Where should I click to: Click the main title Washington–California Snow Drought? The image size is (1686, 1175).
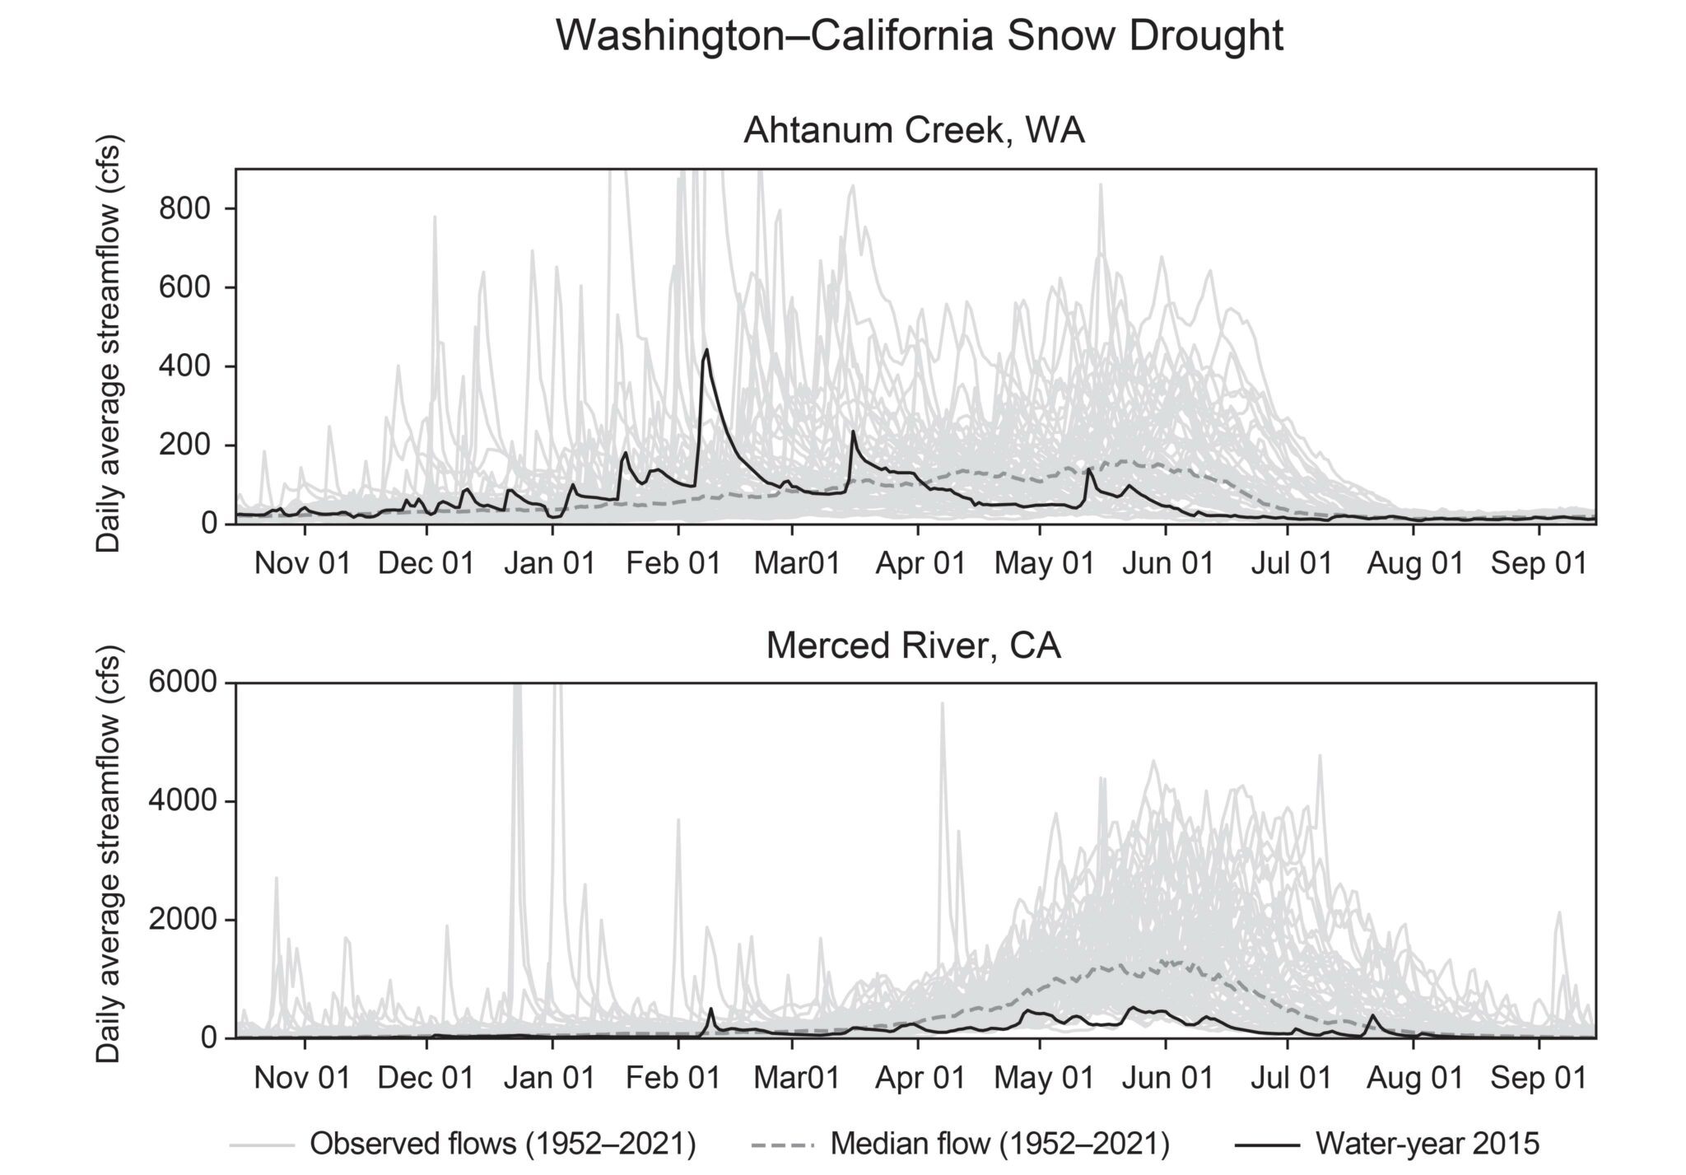click(x=920, y=37)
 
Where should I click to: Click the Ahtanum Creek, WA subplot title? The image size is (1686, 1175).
click(x=914, y=132)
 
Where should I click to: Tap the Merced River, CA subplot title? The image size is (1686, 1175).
click(x=914, y=646)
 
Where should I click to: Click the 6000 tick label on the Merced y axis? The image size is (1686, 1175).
click(x=182, y=683)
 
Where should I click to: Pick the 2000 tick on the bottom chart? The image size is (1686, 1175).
click(x=182, y=921)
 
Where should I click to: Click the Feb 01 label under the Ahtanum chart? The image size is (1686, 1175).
click(x=673, y=563)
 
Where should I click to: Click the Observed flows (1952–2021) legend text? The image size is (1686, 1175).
click(x=503, y=1144)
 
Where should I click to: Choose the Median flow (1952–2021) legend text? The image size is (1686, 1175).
click(x=999, y=1144)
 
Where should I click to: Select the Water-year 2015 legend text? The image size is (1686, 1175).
click(x=1427, y=1144)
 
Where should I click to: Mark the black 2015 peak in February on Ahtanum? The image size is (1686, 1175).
click(x=706, y=351)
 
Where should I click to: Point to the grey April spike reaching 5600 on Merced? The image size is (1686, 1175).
click(x=943, y=705)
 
